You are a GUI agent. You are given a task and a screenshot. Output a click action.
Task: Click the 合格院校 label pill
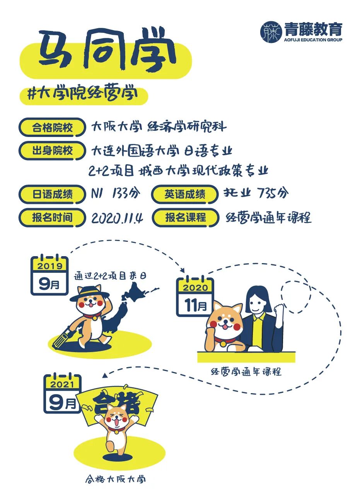52,127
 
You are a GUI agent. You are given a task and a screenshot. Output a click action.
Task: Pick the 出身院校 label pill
52,151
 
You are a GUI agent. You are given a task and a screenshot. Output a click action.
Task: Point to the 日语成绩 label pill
52,194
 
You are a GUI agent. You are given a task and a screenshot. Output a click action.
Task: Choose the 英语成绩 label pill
185,194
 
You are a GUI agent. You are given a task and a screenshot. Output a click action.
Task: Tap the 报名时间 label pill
52,217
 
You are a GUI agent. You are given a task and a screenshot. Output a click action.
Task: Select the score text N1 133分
116,193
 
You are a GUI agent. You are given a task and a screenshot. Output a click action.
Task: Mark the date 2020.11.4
117,218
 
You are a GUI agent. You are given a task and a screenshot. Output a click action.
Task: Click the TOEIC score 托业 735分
256,193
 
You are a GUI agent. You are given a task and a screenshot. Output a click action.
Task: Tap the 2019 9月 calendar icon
49,275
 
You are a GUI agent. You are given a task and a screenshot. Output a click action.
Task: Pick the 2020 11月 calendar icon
195,297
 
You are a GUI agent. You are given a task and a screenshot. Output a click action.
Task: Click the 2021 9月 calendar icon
62,394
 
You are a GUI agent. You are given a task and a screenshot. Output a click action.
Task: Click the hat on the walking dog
90,293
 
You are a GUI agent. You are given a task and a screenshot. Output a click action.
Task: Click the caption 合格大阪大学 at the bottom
116,479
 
